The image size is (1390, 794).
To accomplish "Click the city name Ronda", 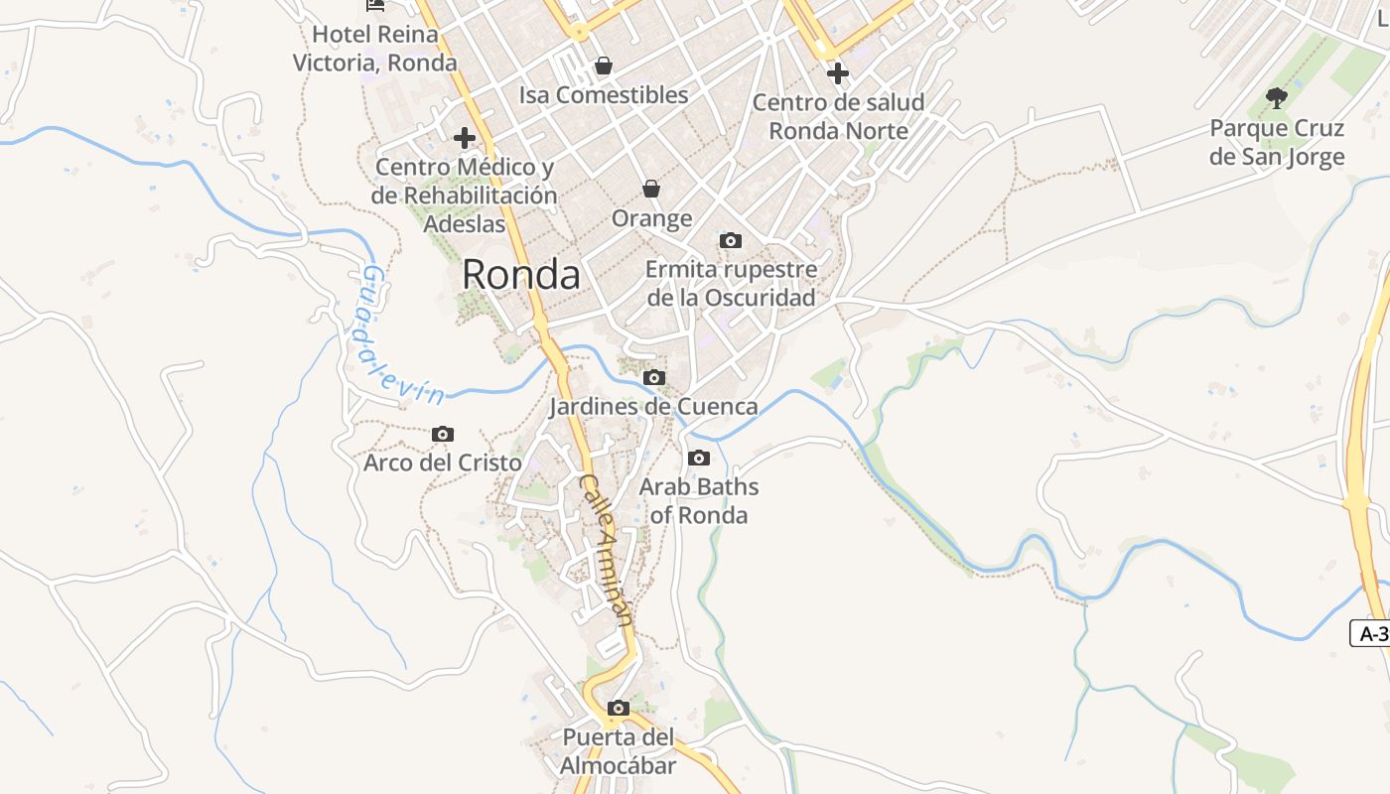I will (521, 275).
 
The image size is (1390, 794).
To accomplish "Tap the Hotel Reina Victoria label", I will (375, 49).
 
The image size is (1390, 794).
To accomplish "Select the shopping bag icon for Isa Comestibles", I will (603, 66).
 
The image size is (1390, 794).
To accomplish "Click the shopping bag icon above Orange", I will (651, 189).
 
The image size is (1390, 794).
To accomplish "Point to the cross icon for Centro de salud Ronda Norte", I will (838, 73).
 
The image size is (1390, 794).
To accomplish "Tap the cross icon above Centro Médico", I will (464, 138).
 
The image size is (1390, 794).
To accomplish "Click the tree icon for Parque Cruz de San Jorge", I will (1277, 98).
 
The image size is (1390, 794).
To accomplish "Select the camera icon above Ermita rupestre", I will (731, 240).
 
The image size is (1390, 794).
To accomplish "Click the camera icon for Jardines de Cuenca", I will (653, 377).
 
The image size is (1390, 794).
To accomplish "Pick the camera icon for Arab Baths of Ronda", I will (699, 458).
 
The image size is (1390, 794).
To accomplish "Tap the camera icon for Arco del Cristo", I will (443, 434).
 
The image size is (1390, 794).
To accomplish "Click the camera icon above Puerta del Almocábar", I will (619, 708).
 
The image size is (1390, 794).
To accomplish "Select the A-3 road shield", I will (1371, 633).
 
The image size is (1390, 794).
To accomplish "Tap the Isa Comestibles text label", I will (604, 95).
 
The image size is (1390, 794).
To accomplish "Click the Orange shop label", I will (651, 218).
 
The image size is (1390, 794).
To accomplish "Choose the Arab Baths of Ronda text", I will (699, 501).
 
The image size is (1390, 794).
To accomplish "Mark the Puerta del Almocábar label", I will (618, 751).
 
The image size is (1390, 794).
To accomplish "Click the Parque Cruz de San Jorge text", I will (1277, 142).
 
